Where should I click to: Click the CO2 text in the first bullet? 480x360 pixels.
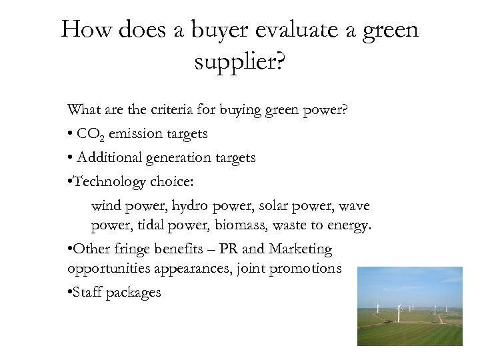pyautogui.click(x=90, y=134)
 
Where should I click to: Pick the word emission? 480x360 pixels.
pyautogui.click(x=133, y=134)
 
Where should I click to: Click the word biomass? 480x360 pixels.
pyautogui.click(x=237, y=226)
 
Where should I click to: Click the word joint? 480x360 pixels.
pyautogui.click(x=265, y=269)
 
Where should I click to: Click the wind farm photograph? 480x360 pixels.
pyautogui.click(x=409, y=306)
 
